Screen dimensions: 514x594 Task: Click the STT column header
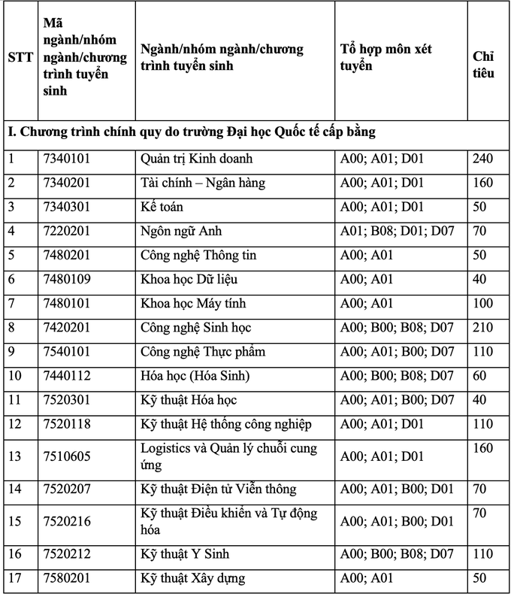pos(20,57)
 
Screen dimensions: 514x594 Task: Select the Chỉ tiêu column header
pos(483,65)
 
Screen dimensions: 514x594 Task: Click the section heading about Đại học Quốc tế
pos(192,132)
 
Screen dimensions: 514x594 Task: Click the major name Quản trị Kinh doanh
pos(197,159)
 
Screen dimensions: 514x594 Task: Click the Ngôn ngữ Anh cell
pos(181,232)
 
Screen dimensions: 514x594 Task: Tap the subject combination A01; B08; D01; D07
pos(398,232)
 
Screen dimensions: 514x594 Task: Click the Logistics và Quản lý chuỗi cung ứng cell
pos(228,456)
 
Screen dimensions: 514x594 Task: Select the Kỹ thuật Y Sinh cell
pos(185,554)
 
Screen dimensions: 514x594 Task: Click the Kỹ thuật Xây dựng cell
pos(192,579)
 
